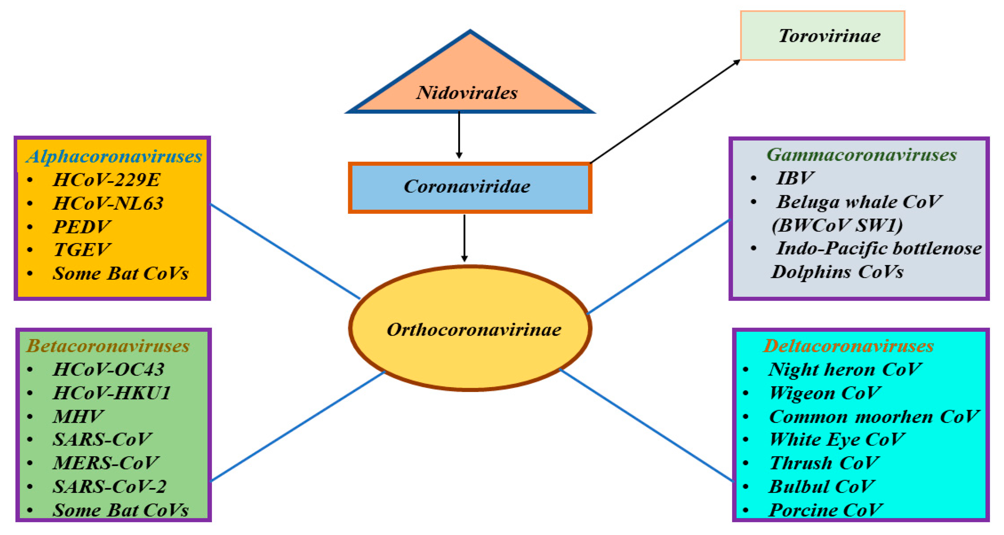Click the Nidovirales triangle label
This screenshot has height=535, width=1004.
(467, 93)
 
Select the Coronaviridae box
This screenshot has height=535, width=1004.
(469, 187)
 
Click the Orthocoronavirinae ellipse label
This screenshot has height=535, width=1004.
(473, 330)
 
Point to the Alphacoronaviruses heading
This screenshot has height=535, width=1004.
(114, 157)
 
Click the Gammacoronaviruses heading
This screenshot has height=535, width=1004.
(861, 155)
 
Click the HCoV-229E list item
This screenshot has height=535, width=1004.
(106, 180)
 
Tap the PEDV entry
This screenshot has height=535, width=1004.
(82, 227)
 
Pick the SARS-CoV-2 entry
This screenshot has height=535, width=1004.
(110, 486)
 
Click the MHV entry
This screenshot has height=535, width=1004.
(78, 416)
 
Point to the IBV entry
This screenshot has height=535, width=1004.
(794, 178)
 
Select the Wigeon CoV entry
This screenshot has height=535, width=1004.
(825, 393)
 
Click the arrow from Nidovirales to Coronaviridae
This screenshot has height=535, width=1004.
(459, 135)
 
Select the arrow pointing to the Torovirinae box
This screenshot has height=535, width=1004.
(665, 112)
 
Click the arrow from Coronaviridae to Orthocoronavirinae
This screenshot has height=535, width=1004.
(464, 238)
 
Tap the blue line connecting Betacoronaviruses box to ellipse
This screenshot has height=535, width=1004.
(298, 426)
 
